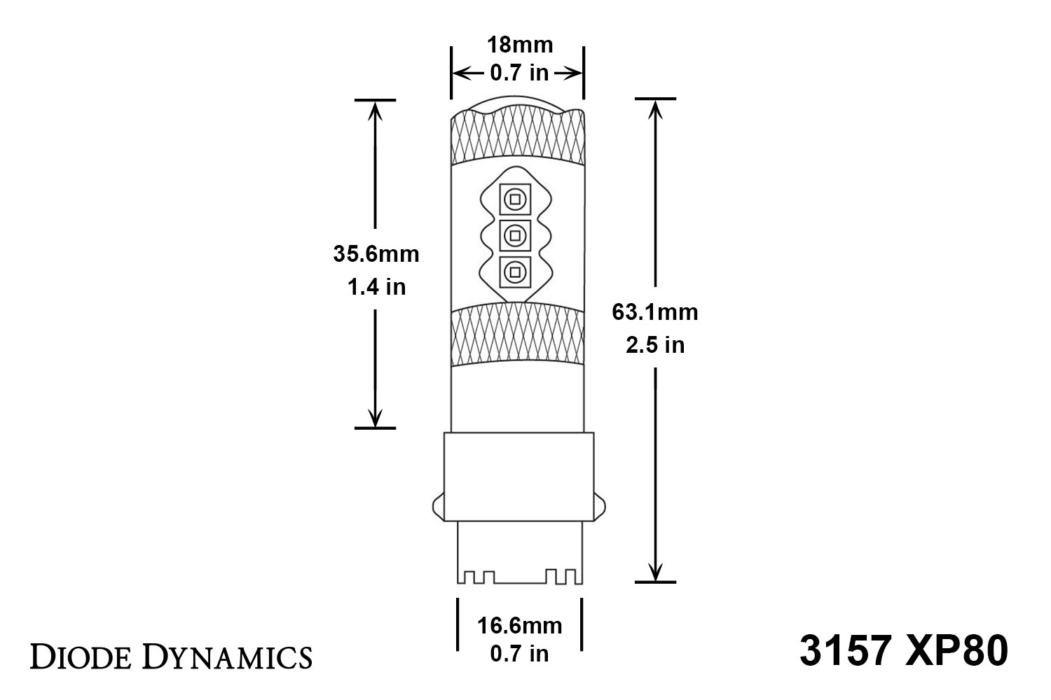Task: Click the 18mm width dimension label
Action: [520, 45]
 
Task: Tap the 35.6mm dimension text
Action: [376, 254]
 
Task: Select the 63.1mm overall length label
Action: [655, 312]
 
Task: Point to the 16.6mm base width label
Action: [519, 626]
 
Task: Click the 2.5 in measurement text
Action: [655, 345]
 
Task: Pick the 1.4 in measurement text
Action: [376, 287]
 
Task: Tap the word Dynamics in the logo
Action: [228, 657]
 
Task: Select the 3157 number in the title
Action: [844, 651]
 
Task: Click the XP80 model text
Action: [956, 651]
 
